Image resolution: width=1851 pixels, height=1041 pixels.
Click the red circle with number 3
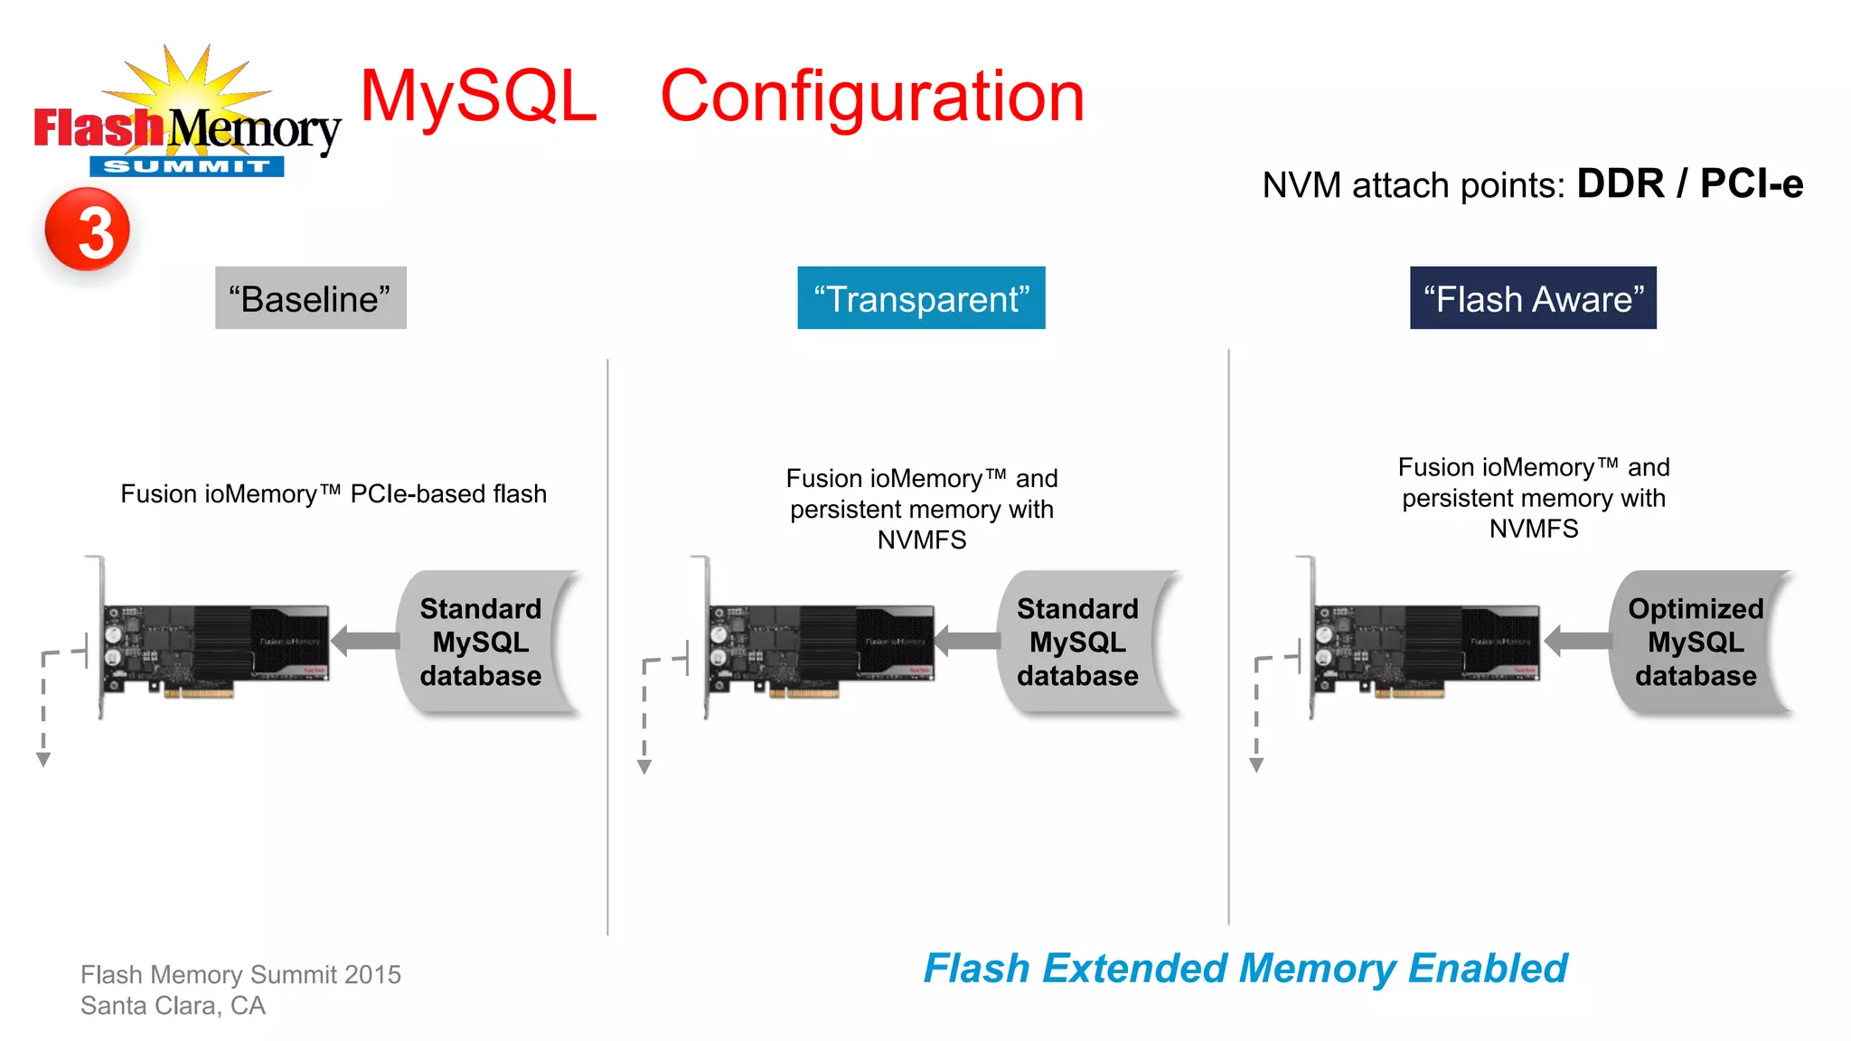(x=88, y=230)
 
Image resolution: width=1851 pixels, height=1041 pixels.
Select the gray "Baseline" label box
(x=310, y=298)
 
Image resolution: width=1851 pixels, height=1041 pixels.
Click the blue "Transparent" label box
(x=920, y=298)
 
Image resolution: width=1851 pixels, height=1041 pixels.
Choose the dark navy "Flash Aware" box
(x=1532, y=298)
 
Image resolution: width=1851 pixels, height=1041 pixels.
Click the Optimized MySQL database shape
(x=1695, y=642)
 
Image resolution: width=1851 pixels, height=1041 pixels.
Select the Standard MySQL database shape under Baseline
(x=481, y=642)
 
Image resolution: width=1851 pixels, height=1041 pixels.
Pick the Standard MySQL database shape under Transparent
(x=1077, y=642)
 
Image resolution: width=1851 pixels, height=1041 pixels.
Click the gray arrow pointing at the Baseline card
(x=365, y=641)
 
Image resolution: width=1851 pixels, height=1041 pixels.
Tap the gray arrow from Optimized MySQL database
(x=1577, y=641)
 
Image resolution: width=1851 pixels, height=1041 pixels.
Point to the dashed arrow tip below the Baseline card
(x=43, y=760)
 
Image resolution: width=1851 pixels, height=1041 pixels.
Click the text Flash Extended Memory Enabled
(x=1245, y=969)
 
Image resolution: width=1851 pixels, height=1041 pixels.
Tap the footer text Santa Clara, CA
(x=173, y=1006)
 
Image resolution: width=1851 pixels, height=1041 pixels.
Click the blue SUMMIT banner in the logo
(x=186, y=166)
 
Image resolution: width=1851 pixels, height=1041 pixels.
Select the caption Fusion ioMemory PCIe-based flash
(x=334, y=494)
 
